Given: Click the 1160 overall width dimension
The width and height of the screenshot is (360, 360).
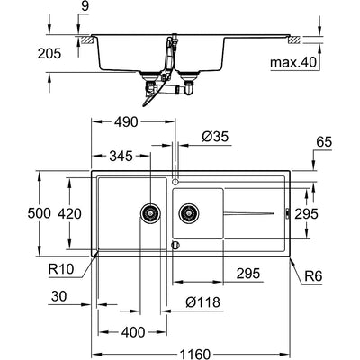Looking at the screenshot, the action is (x=194, y=354).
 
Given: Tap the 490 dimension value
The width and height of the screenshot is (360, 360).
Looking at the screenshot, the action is (x=126, y=122).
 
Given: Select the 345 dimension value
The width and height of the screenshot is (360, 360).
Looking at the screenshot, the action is (x=121, y=156).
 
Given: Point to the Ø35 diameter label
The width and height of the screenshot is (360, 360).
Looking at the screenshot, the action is (x=215, y=137).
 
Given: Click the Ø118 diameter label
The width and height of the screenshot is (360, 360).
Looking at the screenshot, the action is (x=202, y=302).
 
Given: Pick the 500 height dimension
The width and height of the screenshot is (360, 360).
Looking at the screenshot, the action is (x=39, y=213).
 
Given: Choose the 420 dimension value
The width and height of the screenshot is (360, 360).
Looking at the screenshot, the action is (x=69, y=214).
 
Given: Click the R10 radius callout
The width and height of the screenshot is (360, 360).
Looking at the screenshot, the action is (x=60, y=269).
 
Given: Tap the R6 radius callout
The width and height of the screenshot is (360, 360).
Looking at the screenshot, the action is (x=313, y=276).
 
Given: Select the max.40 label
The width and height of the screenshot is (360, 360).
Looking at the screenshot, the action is (x=293, y=63).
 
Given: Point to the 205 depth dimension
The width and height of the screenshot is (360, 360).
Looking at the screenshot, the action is (x=49, y=54).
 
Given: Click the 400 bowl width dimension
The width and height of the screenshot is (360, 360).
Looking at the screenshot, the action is (x=133, y=332).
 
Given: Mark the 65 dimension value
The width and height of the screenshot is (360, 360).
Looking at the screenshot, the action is (x=324, y=142).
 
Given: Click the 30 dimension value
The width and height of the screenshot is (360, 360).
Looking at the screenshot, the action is (x=59, y=296).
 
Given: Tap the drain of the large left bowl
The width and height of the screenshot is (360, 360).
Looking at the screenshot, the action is (x=150, y=213).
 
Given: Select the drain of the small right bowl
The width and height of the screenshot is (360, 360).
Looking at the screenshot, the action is (x=189, y=213).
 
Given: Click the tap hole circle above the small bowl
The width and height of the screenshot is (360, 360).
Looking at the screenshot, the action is (x=175, y=181).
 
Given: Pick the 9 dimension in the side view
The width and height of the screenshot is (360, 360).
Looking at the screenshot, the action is (x=85, y=6).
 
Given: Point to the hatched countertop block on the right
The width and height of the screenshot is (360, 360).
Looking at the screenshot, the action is (x=293, y=40).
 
